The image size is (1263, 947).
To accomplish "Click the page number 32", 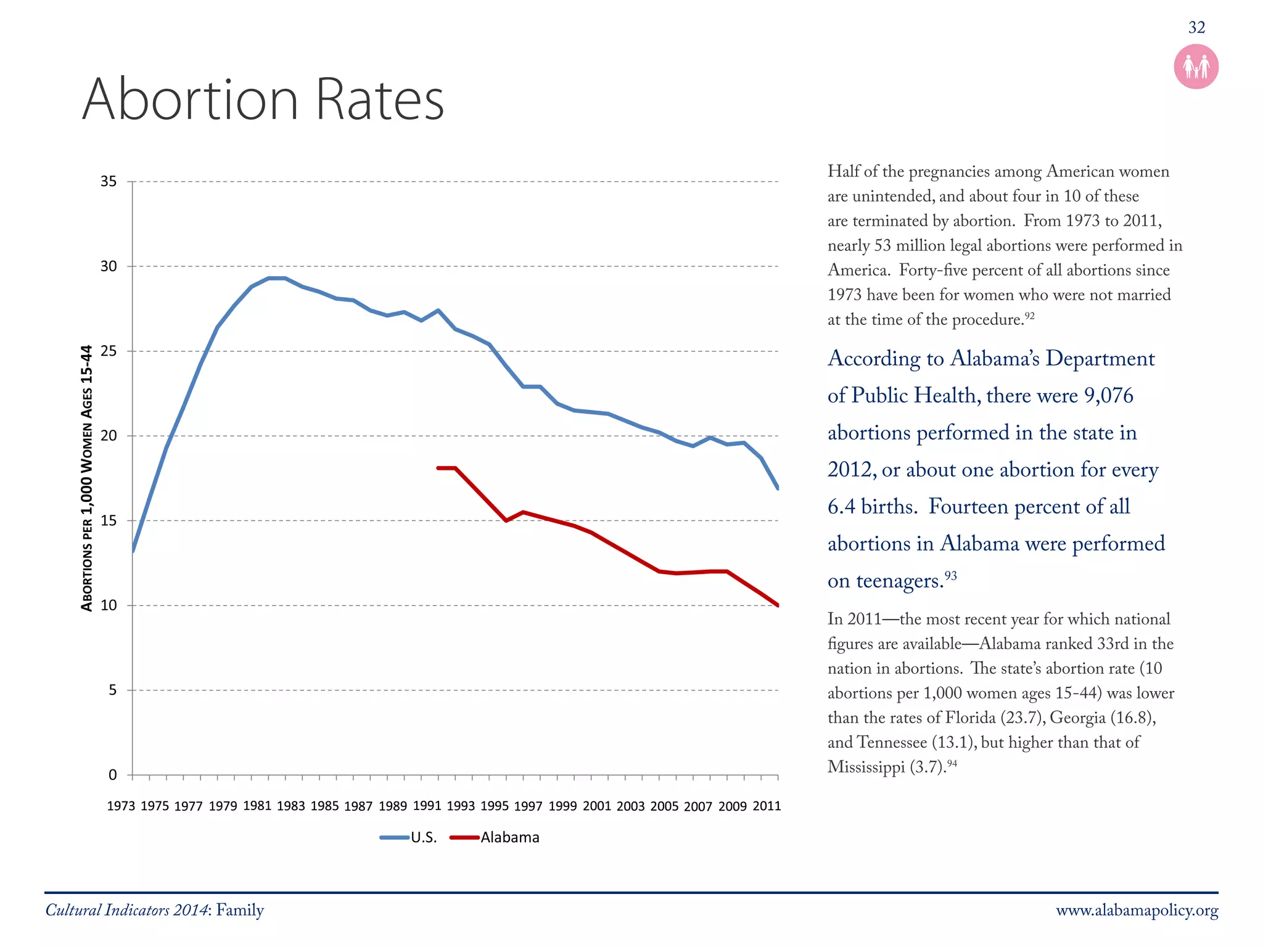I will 1196,28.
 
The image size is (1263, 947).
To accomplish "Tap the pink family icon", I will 1196,67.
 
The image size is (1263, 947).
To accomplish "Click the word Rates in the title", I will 379,100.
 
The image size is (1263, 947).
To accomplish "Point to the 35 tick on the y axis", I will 109,182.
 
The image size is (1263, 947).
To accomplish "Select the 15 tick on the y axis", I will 109,521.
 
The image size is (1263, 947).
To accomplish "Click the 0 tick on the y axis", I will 112,775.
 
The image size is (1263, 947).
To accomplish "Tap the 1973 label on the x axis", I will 121,806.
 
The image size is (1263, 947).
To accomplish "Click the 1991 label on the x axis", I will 427,806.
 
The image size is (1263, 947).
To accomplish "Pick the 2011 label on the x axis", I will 767,806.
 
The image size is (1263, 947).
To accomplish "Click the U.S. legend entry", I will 409,837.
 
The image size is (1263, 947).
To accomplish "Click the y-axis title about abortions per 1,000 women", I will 87,478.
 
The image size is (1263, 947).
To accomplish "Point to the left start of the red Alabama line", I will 438,468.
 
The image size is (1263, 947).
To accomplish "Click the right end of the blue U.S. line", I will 778,488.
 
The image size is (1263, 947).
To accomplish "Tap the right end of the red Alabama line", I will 778,605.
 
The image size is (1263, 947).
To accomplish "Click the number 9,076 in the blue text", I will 1108,396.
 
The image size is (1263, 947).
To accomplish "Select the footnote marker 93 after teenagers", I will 950,576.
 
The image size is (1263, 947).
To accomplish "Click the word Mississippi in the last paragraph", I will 866,767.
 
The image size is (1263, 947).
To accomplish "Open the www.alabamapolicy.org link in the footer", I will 1137,911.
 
